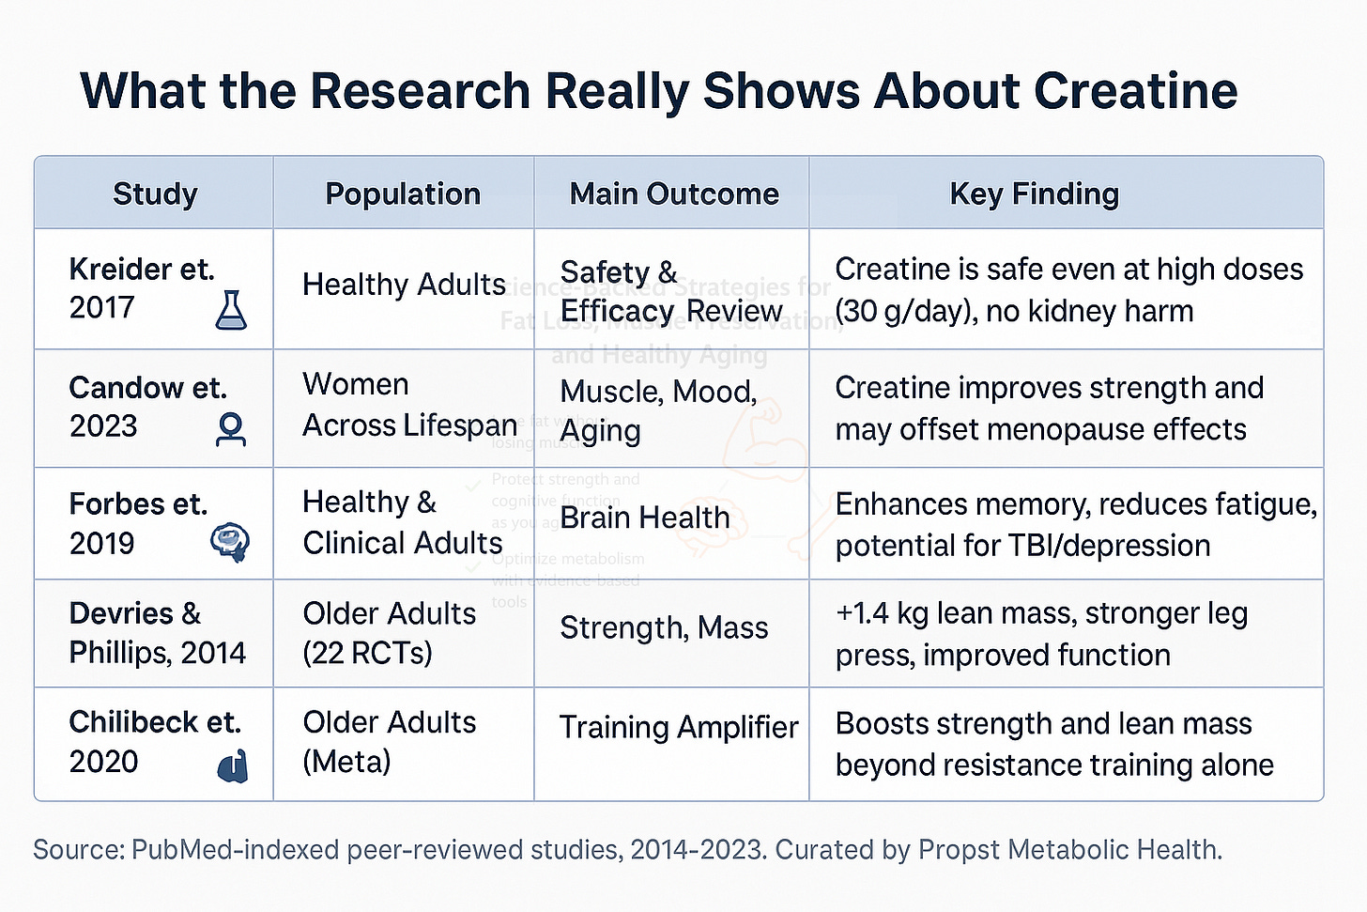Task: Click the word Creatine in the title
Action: [1135, 91]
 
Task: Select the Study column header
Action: [155, 193]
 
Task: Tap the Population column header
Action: [403, 193]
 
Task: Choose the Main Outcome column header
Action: [674, 193]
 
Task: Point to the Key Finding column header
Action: [1034, 193]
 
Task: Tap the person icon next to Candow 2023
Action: [231, 429]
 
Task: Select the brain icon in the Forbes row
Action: [230, 542]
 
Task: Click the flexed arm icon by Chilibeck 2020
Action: [233, 765]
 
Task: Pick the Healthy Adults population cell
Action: [404, 285]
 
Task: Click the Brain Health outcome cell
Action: [644, 518]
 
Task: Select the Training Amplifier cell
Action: [678, 727]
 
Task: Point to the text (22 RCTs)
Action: [367, 653]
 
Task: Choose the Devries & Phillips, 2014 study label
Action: [157, 633]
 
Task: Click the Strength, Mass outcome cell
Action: [664, 627]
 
